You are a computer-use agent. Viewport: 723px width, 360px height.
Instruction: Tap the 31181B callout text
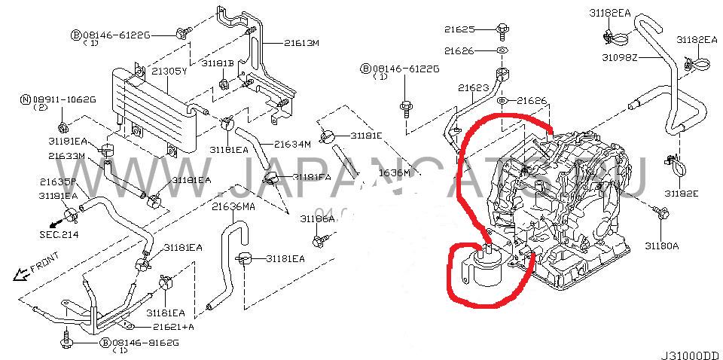[x=218, y=63]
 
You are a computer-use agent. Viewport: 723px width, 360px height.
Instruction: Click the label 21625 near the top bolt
[x=459, y=29]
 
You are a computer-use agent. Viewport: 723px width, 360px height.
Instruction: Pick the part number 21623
[x=474, y=88]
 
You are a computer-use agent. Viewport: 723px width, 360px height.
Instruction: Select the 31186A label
[x=317, y=218]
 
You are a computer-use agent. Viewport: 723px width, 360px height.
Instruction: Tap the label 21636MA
[x=233, y=206]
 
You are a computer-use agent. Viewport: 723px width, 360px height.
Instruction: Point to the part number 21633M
[x=66, y=156]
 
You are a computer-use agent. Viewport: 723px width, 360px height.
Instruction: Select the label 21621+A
[x=173, y=327]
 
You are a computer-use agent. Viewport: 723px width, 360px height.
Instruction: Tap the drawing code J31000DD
[x=688, y=351]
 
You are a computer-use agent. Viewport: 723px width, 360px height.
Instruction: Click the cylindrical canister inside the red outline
[x=483, y=271]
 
